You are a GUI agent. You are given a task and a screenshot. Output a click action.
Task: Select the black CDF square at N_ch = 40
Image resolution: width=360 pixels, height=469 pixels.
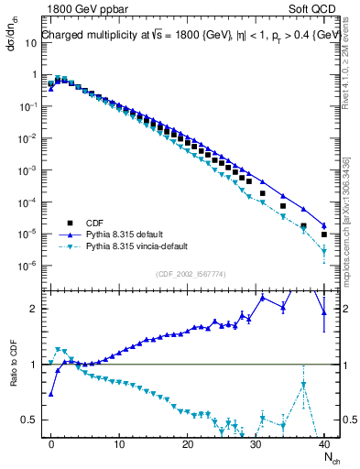[x=324, y=234]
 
